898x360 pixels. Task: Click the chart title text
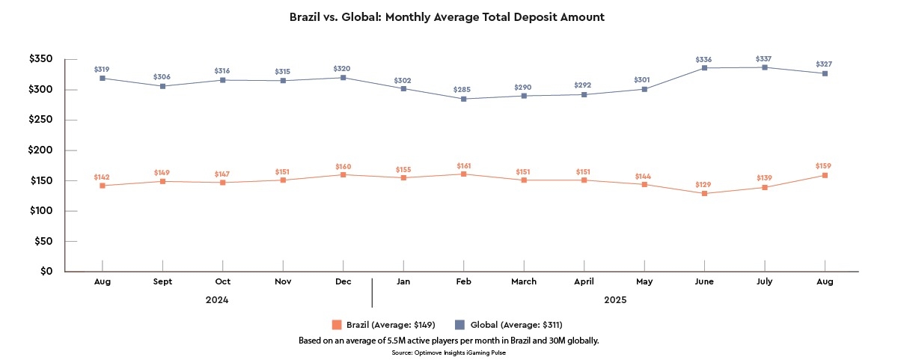447,16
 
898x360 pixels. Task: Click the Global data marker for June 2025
704,68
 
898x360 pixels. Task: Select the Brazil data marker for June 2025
704,194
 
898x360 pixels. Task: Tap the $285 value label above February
463,90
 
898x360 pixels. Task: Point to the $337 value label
764,58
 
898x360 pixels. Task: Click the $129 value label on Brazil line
704,184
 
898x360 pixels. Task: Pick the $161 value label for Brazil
463,165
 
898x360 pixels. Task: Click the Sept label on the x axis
162,281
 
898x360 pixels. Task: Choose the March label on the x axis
524,281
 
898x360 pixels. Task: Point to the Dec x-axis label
343,281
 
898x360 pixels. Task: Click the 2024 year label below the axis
217,300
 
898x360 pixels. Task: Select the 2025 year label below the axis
615,300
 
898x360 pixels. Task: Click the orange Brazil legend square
337,325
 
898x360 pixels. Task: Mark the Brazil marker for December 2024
343,175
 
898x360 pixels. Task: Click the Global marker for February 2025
463,99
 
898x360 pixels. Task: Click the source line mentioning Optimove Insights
448,351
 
